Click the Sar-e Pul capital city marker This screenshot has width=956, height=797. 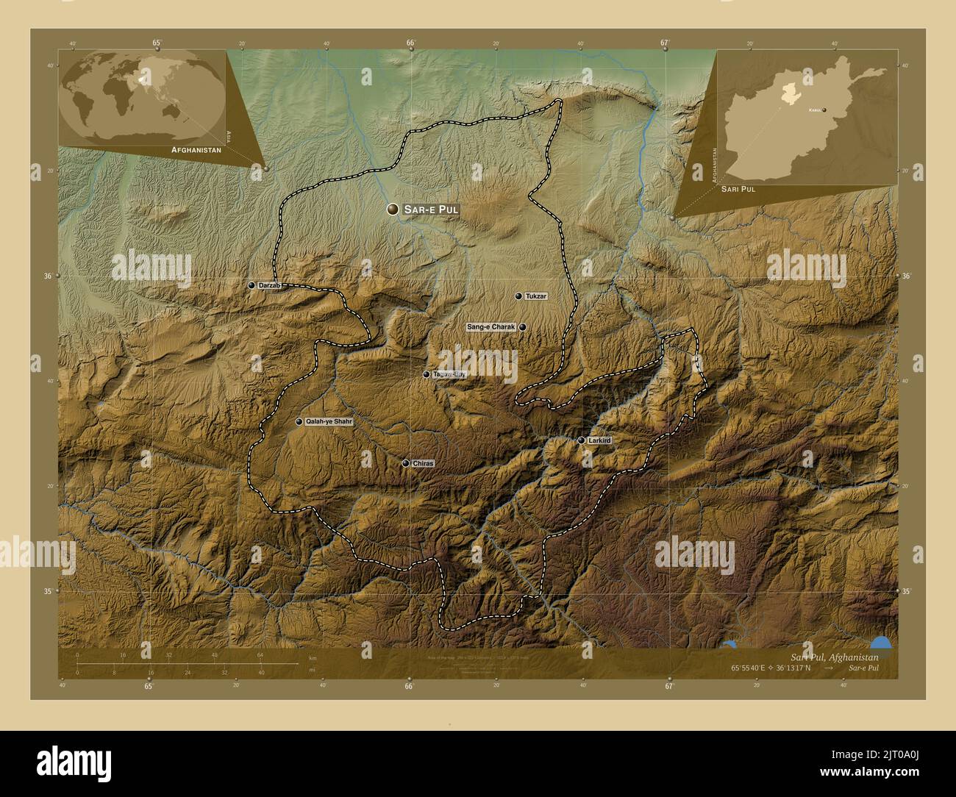(x=394, y=210)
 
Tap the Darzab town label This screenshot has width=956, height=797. (x=269, y=285)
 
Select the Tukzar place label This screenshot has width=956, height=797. (x=537, y=296)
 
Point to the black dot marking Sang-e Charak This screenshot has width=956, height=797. (x=522, y=327)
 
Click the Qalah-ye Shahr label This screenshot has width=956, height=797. (x=329, y=422)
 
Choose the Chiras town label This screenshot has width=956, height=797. (x=424, y=464)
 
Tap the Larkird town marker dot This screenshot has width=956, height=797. (x=581, y=440)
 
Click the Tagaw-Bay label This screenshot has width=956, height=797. (x=449, y=375)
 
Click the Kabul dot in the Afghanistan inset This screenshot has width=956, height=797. (x=824, y=110)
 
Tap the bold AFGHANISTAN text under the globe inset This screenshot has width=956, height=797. (x=196, y=149)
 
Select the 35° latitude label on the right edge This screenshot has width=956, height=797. (x=907, y=591)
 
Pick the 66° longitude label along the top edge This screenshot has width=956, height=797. (x=410, y=43)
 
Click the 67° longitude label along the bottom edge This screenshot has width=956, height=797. (x=668, y=687)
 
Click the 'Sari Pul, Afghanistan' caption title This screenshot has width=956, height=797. (x=834, y=656)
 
